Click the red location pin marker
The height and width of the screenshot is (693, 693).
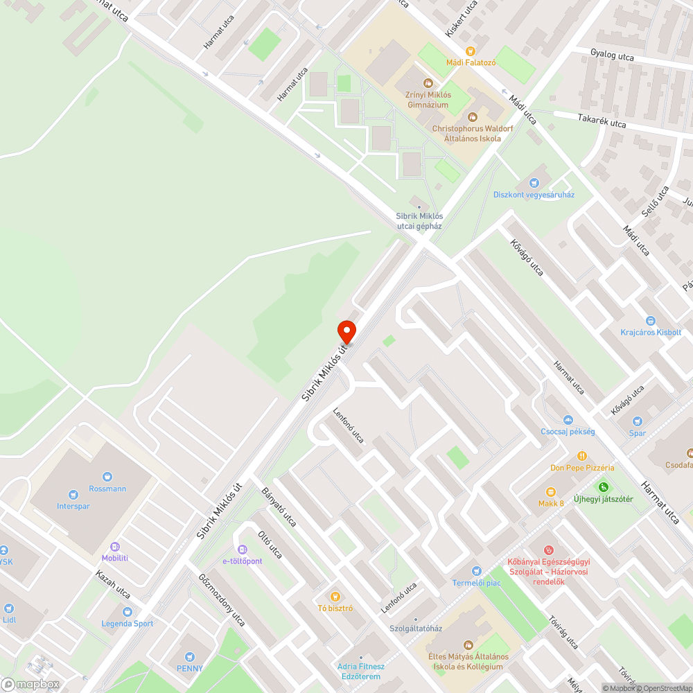[x=346, y=331]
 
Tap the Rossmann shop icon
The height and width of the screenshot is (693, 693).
[x=107, y=477]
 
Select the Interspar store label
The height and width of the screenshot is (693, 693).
[x=73, y=506]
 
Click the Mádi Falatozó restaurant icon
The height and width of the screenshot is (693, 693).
[x=471, y=51]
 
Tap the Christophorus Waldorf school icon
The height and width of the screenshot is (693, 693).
[x=473, y=116]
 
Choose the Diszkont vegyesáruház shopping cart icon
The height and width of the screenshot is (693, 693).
[x=534, y=183]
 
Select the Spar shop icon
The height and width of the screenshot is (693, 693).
[x=637, y=421]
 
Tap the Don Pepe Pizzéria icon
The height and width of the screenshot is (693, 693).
[x=581, y=456]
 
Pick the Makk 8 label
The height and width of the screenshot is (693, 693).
[x=551, y=503]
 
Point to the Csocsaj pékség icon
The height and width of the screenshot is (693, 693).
[x=568, y=419]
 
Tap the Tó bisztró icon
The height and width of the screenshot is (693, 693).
[x=335, y=596]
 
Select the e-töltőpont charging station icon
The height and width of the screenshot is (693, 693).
[x=242, y=550]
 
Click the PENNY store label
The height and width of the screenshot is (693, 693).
[x=189, y=668]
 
